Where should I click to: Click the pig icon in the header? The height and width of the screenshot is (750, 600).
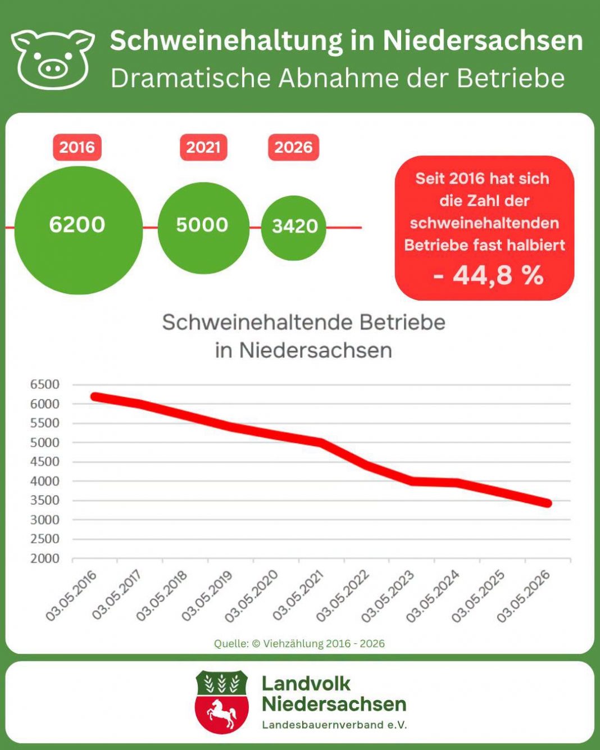click(x=53, y=60)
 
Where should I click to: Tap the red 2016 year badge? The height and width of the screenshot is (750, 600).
click(x=77, y=147)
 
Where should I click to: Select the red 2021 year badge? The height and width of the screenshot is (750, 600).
click(x=203, y=147)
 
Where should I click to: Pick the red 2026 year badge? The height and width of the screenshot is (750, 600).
click(x=293, y=147)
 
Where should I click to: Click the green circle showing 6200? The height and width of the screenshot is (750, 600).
click(x=79, y=230)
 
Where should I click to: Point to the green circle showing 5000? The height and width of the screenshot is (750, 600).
click(x=203, y=228)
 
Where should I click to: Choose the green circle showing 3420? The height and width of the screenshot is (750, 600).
click(x=294, y=228)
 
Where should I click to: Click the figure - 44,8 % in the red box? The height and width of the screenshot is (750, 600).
click(x=488, y=275)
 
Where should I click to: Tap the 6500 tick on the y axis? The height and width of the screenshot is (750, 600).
click(x=45, y=384)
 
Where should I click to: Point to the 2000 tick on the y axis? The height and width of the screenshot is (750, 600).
click(x=45, y=558)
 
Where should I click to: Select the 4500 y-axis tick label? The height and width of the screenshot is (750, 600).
click(x=45, y=462)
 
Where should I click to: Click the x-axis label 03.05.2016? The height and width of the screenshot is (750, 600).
click(x=72, y=596)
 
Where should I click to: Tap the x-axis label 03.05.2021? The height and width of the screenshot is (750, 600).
click(x=299, y=596)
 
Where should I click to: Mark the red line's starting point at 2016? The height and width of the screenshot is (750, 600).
click(x=95, y=397)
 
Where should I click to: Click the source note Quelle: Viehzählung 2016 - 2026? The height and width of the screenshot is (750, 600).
click(x=299, y=643)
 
